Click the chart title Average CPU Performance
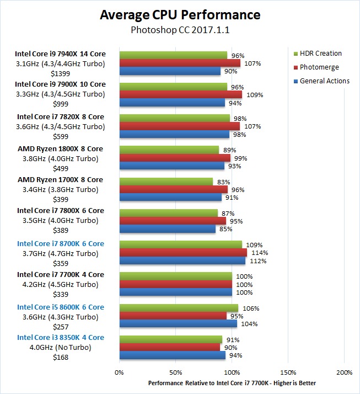click(x=180, y=14)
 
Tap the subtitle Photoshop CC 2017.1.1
click(x=180, y=30)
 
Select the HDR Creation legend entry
click(x=320, y=54)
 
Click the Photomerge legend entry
click(x=319, y=67)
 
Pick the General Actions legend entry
click(x=324, y=81)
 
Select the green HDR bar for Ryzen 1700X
click(x=165, y=182)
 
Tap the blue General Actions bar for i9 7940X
click(x=170, y=71)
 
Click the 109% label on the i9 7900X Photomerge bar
click(x=255, y=95)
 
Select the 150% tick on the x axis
click(x=288, y=372)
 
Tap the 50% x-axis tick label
click(x=175, y=372)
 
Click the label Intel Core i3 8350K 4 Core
click(x=60, y=337)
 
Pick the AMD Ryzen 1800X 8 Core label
click(x=60, y=148)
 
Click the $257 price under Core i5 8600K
click(x=60, y=327)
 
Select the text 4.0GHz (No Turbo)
click(x=60, y=348)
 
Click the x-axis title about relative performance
click(x=232, y=383)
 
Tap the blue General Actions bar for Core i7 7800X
click(x=167, y=229)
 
